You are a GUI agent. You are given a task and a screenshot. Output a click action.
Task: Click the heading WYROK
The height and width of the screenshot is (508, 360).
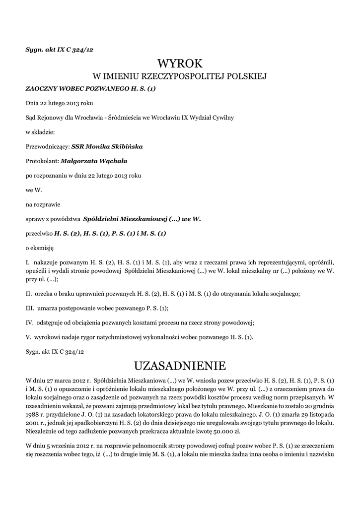point(180,63)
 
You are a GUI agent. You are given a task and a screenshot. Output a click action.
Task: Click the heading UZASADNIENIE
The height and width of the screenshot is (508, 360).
point(180,366)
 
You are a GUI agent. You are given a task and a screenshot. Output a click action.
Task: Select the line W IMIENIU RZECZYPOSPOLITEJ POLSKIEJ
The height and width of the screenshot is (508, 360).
point(180,76)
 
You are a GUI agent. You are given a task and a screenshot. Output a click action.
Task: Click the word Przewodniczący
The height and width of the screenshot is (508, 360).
point(47,146)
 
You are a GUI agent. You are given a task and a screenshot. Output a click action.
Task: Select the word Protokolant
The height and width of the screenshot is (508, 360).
point(42,161)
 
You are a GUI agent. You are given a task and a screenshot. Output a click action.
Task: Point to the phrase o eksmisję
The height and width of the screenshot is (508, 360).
point(39,247)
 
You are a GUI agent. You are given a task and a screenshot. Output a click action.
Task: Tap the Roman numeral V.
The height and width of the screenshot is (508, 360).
point(28,337)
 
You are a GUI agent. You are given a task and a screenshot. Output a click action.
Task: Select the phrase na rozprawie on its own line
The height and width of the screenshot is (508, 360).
point(42,203)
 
